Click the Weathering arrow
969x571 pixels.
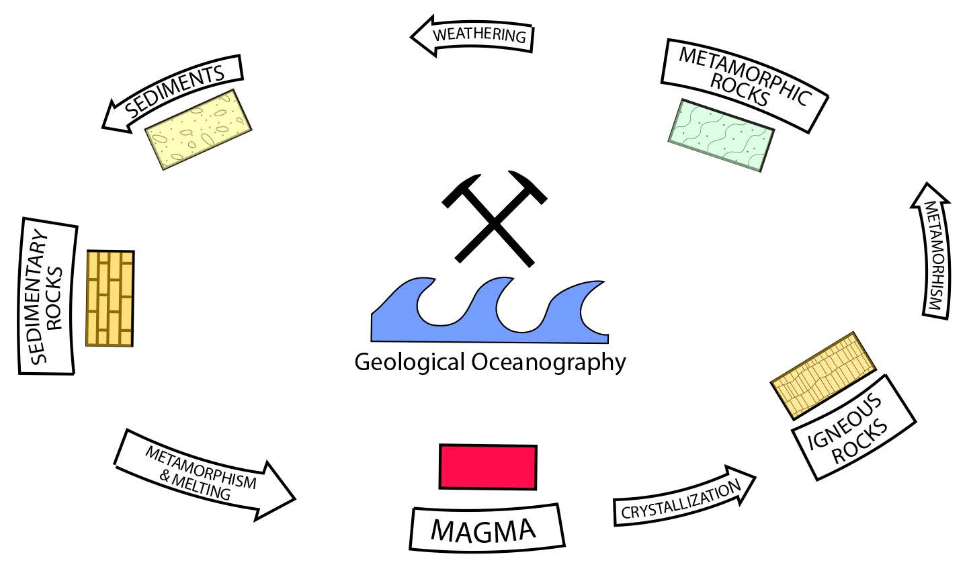473,35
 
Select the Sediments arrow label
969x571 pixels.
174,91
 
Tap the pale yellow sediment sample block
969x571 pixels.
198,129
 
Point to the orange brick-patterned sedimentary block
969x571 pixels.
110,298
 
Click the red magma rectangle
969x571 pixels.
488,467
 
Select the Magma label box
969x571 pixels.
486,529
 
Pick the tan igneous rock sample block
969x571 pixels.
823,374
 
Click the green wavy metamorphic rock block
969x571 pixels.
721,135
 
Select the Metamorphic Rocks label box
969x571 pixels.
745,83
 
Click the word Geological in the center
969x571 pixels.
409,363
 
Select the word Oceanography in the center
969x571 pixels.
548,363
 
